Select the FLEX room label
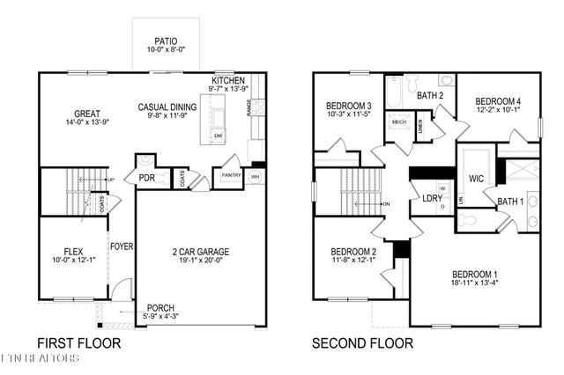73,250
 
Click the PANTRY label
231,175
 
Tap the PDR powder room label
146,177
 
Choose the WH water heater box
256,176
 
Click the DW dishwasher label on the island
218,135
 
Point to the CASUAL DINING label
167,107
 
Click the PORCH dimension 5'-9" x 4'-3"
160,316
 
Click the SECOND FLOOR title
361,343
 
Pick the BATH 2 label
430,95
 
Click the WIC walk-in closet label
476,179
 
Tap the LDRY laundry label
432,198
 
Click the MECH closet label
397,122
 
